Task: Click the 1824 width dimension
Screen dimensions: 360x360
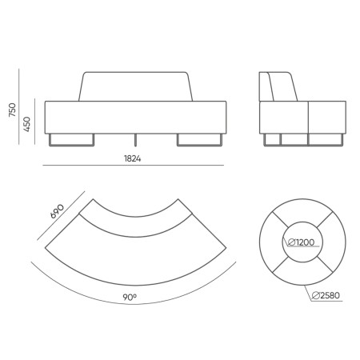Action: [x=134, y=158]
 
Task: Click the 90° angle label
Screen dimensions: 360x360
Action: [x=130, y=298]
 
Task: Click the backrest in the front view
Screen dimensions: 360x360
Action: [x=135, y=86]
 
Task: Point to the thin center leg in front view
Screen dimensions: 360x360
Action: [x=136, y=138]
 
